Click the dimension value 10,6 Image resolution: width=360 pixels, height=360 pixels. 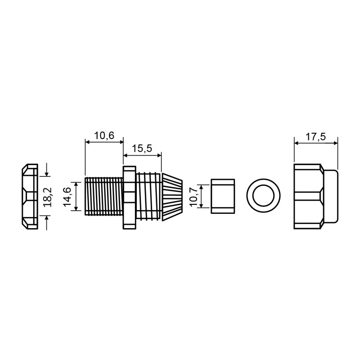point(104,136)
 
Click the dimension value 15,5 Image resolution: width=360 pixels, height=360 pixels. point(142,148)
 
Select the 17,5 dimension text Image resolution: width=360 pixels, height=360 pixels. point(316,137)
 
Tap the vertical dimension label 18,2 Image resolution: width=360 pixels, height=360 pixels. point(49,198)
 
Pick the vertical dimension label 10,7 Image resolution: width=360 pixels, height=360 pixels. point(194,197)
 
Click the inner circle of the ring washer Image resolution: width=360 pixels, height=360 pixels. point(263,196)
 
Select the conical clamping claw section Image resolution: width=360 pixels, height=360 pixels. point(172,197)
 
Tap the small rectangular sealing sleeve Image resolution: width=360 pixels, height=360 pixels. point(223,196)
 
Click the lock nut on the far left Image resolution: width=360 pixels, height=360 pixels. point(30,197)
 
